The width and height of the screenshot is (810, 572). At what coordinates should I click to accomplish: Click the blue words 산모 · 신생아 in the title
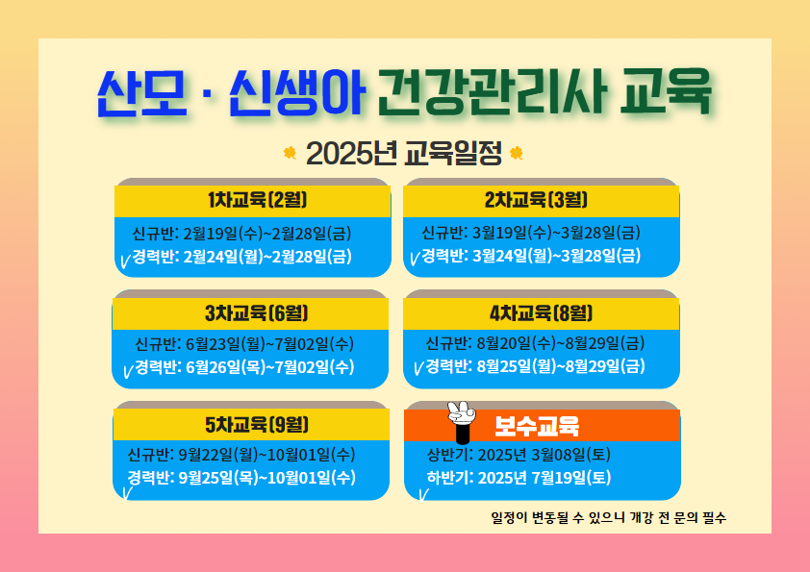(x=231, y=92)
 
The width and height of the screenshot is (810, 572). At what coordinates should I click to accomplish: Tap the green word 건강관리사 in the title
(x=493, y=92)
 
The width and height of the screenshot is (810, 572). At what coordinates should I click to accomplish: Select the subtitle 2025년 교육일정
(x=403, y=153)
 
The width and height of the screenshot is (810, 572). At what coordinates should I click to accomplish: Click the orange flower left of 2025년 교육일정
(x=290, y=153)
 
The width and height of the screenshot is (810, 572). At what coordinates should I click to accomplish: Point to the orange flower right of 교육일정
(x=516, y=153)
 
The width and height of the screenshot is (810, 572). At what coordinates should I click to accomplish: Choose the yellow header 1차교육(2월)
(x=257, y=199)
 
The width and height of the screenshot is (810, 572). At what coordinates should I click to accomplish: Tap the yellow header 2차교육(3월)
(x=536, y=199)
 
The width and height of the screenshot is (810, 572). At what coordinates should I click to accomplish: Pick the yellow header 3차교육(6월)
(x=257, y=312)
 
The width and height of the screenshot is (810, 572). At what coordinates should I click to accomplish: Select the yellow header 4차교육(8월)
(x=541, y=312)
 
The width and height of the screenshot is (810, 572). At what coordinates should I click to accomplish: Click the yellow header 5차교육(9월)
(x=257, y=424)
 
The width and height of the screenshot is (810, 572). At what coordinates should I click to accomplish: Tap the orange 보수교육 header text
(x=537, y=426)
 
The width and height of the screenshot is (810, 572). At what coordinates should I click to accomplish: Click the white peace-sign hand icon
(x=462, y=422)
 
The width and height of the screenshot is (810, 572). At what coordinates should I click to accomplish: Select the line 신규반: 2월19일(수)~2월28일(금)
(x=241, y=234)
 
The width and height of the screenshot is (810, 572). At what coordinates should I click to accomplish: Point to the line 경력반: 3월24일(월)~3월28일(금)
(x=531, y=256)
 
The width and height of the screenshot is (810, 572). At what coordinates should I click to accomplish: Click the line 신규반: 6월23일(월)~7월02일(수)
(x=244, y=344)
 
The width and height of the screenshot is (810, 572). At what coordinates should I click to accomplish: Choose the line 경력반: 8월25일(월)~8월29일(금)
(x=535, y=366)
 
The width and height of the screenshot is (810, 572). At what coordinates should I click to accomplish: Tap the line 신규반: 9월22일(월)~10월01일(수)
(x=241, y=455)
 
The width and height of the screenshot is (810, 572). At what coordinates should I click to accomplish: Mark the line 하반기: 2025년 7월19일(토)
(x=519, y=477)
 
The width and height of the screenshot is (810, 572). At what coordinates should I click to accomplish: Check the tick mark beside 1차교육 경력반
(x=125, y=261)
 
